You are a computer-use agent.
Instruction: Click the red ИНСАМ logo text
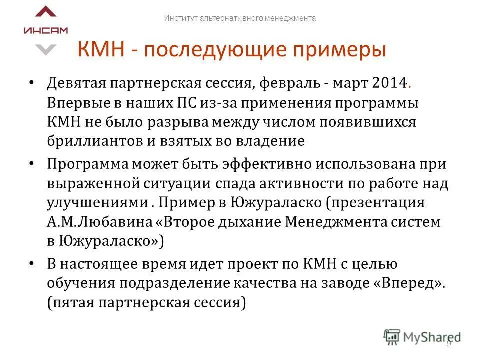(x=45, y=30)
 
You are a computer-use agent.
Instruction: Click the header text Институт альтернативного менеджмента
(x=240, y=18)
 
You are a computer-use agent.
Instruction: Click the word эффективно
(x=241, y=164)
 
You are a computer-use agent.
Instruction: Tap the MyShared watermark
(x=422, y=336)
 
